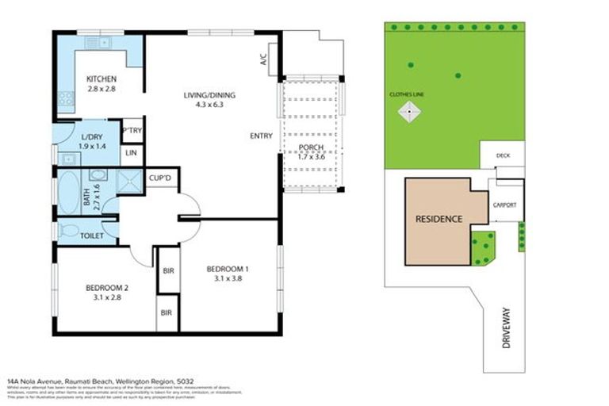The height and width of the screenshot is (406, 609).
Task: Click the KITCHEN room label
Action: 101,79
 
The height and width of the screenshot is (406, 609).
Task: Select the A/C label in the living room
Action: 262,59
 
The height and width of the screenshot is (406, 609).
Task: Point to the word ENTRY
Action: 261,136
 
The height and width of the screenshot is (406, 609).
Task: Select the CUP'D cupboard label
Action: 161,179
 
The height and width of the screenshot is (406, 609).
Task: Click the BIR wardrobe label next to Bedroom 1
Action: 168,271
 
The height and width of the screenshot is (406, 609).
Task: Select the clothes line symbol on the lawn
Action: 408,113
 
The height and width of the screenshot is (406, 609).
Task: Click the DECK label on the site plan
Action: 503,155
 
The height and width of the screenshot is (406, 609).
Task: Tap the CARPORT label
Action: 504,205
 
